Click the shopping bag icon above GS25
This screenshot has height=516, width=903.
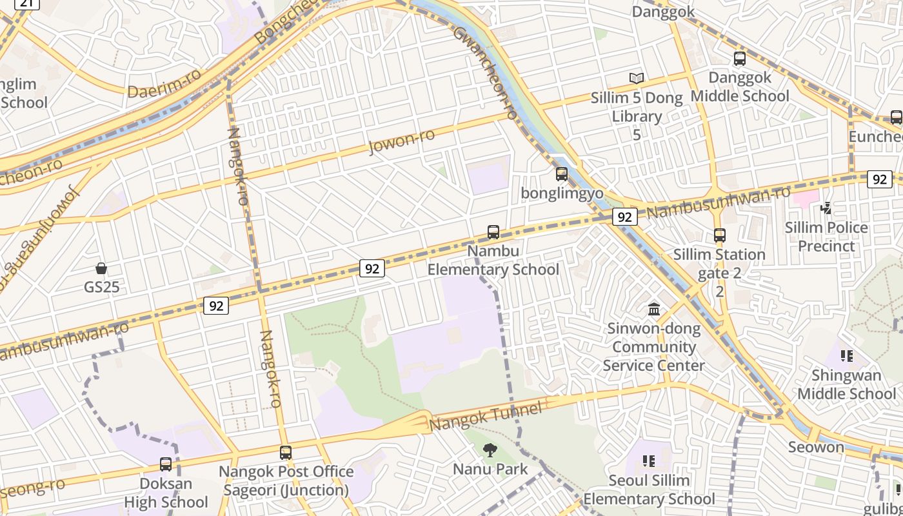(x=101, y=268)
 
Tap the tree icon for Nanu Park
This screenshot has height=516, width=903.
(x=490, y=450)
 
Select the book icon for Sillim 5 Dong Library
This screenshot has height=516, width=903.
(x=637, y=79)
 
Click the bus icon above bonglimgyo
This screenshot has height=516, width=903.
(x=562, y=174)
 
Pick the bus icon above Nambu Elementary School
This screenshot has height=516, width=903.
(x=493, y=232)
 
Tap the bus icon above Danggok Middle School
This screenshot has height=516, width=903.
(x=740, y=59)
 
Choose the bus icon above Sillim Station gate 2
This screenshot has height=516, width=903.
(x=720, y=235)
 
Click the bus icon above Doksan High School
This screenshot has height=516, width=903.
(x=166, y=464)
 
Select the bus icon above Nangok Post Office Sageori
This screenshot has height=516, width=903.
(x=286, y=453)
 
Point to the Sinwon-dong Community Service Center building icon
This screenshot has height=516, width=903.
(x=654, y=310)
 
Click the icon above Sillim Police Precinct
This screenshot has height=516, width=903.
(x=826, y=208)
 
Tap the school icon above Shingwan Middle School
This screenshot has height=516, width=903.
(x=847, y=356)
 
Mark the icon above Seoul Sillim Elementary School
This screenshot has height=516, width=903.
(x=649, y=461)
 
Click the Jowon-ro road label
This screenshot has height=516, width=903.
(x=401, y=141)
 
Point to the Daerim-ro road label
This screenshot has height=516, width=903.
(x=164, y=84)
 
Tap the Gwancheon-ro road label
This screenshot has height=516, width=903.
(x=486, y=72)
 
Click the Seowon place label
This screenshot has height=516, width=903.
(x=816, y=447)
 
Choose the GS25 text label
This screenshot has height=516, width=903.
(x=102, y=287)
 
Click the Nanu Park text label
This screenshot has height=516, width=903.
(x=490, y=469)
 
